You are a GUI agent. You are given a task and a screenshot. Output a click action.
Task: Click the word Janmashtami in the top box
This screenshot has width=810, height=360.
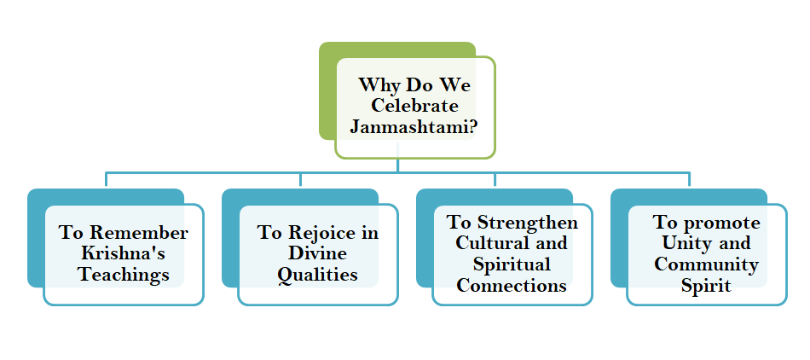408,128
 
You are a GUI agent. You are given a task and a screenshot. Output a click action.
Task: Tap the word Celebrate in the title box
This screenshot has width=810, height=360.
414,107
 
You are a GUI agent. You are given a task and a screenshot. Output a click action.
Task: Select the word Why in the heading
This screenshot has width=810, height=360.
379,85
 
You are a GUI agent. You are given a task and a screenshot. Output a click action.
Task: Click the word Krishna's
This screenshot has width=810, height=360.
124,253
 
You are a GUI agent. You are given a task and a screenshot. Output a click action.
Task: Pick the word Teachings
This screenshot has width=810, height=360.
124,275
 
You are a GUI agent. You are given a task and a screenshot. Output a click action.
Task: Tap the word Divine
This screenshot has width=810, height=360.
317,253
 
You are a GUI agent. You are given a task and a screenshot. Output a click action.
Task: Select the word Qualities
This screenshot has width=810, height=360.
317,275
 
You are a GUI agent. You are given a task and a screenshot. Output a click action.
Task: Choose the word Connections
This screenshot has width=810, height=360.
512,285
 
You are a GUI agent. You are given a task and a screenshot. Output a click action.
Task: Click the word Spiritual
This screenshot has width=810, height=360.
512,264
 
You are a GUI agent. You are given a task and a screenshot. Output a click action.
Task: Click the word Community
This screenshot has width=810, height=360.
706,264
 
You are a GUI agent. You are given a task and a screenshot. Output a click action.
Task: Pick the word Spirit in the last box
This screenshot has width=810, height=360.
706,285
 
